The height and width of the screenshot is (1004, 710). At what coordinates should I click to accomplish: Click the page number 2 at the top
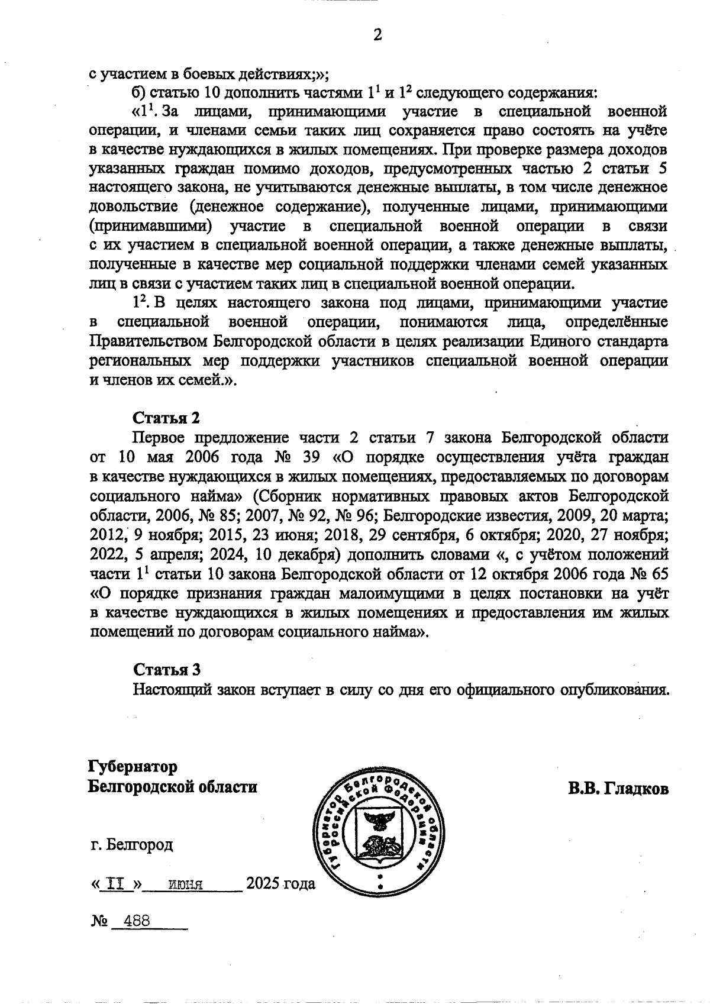pyautogui.click(x=377, y=35)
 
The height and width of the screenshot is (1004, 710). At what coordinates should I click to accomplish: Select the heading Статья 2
pyautogui.click(x=167, y=418)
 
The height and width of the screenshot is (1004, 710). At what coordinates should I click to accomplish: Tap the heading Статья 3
pyautogui.click(x=167, y=670)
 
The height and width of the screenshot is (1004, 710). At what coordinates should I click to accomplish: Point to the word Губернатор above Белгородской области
pyautogui.click(x=133, y=767)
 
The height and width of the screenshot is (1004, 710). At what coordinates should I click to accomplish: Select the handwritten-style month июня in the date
pyautogui.click(x=186, y=886)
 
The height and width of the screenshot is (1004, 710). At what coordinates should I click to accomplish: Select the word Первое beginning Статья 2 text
pyautogui.click(x=159, y=438)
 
